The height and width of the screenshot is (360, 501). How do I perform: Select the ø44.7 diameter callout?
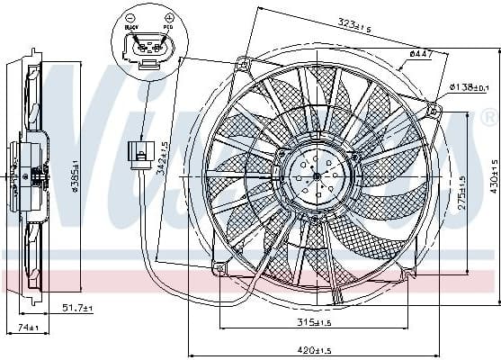(421, 55)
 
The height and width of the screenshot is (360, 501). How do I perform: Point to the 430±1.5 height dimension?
(494, 179)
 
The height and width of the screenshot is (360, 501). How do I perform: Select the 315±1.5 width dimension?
(311, 322)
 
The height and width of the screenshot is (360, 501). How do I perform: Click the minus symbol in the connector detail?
(131, 17)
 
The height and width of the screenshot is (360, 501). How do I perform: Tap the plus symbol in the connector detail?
(168, 17)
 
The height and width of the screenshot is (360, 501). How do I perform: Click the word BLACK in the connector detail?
(133, 28)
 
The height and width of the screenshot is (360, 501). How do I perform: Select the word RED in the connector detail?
(166, 28)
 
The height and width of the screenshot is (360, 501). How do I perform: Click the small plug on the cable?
(139, 153)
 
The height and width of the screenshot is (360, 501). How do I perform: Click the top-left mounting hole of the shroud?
(241, 63)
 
